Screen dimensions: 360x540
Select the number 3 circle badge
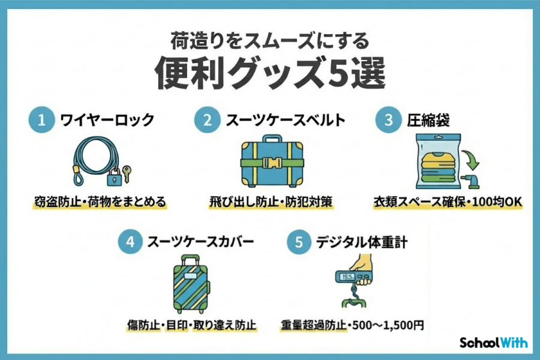point(387,119)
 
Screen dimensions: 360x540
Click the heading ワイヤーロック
point(107,120)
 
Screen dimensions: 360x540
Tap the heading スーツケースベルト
point(284,120)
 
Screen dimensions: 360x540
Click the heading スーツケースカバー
point(200,242)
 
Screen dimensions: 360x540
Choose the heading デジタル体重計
point(359,242)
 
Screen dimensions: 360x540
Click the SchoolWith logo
point(493,343)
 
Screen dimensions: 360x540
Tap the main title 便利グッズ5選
point(270,73)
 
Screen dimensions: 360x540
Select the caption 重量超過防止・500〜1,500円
point(352,326)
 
